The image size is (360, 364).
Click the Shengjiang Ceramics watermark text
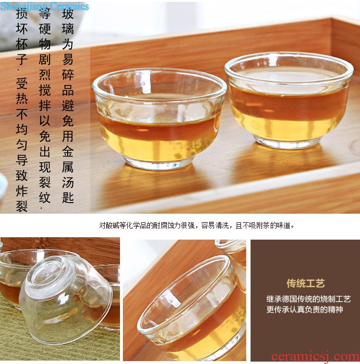(x=45, y=6)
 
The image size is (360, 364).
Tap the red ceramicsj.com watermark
(x=315, y=357)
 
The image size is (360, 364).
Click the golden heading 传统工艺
(x=305, y=283)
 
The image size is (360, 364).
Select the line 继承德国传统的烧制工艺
(x=308, y=299)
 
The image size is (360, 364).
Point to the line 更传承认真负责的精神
(x=304, y=309)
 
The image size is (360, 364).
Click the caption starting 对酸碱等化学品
(x=197, y=225)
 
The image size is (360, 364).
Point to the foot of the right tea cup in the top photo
(x=288, y=142)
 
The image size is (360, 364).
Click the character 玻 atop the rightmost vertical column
(x=68, y=14)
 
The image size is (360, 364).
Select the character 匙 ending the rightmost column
(x=68, y=197)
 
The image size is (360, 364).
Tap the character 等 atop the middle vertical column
(x=45, y=14)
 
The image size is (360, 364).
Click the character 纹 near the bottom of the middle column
(x=45, y=197)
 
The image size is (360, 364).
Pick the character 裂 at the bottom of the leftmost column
(x=22, y=206)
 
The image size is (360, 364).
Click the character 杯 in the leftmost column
(x=22, y=44)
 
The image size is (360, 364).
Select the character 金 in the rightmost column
(x=68, y=151)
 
